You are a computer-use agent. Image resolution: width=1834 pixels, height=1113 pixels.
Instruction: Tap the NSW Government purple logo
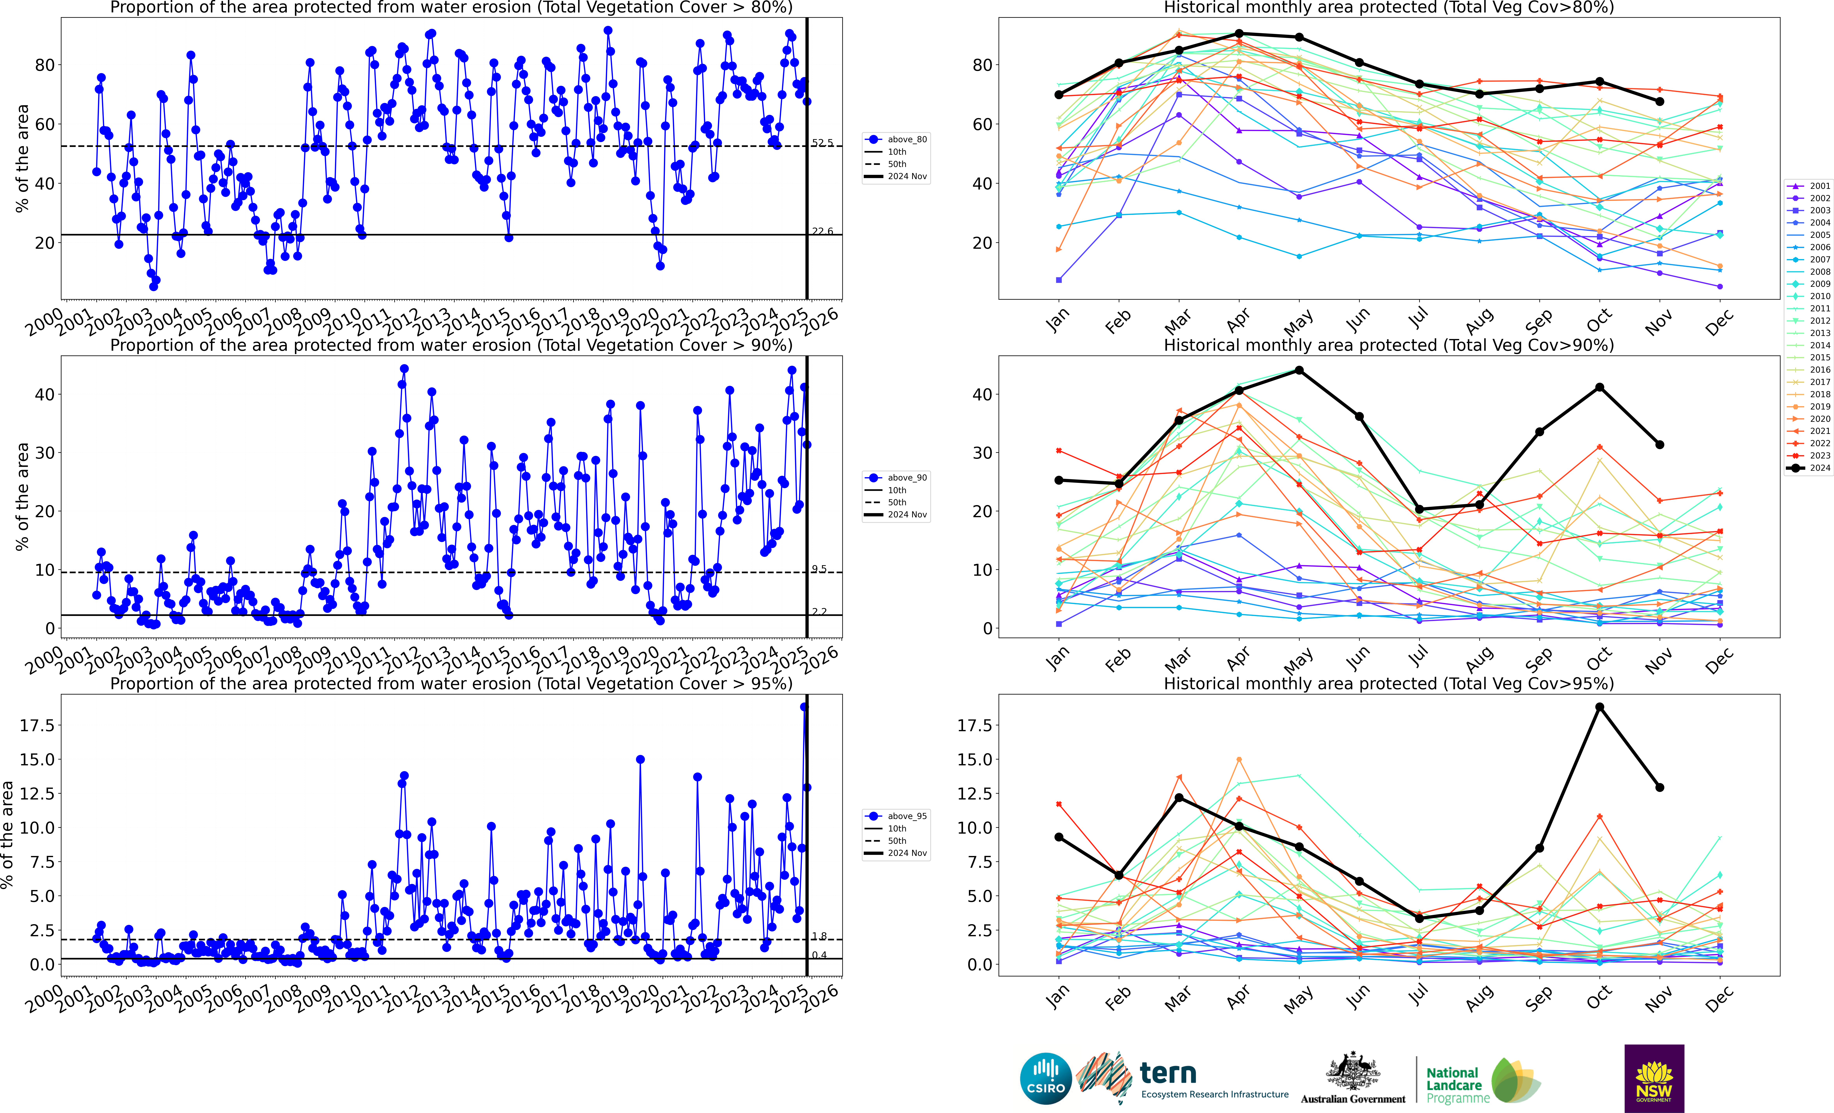pos(1654,1078)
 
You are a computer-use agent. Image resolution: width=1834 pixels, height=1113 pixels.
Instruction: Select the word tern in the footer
pos(1168,1073)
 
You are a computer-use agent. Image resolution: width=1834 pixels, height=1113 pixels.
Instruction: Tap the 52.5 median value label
pos(822,143)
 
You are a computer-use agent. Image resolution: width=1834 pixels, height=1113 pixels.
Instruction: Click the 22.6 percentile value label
pos(822,232)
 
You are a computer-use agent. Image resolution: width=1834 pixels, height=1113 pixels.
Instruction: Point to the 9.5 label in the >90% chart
pos(819,569)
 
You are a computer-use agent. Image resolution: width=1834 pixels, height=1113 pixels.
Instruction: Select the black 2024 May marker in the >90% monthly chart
pos(1299,370)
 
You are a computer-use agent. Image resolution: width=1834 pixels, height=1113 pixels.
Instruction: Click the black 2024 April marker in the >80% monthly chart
pos(1239,34)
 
